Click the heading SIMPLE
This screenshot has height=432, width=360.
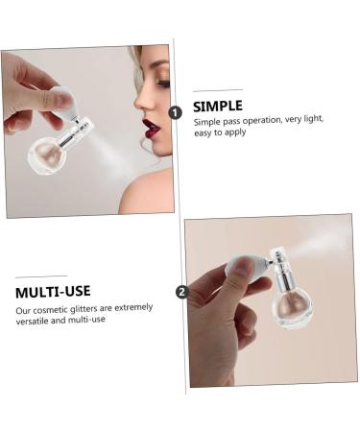click(217, 106)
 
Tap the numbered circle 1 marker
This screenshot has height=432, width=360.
click(175, 112)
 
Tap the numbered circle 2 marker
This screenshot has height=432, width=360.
click(182, 293)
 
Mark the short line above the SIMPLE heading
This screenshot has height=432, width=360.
click(216, 90)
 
